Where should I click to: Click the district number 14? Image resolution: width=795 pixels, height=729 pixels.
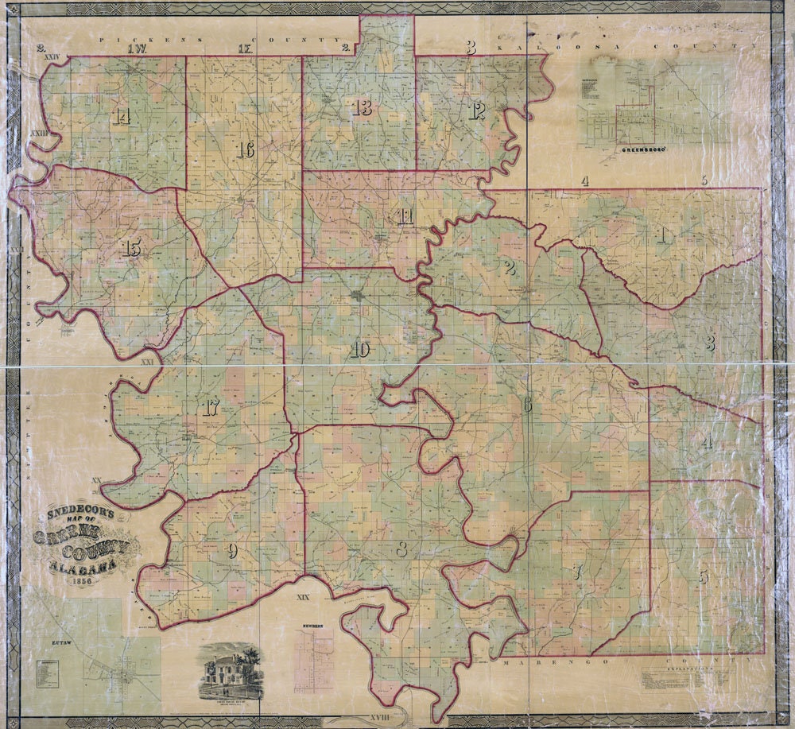point(121,118)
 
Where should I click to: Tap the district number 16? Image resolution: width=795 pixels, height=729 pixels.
point(245,149)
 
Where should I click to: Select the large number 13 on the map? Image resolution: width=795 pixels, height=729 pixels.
point(363,109)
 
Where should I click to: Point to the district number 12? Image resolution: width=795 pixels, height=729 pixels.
point(477,112)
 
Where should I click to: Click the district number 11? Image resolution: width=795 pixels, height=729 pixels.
point(405,216)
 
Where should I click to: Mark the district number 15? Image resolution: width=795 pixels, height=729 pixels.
point(133,249)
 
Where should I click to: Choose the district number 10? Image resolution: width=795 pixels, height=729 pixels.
point(360,350)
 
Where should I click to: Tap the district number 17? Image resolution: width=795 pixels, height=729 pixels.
point(211,409)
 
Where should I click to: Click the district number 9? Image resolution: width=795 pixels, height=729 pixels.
point(232,550)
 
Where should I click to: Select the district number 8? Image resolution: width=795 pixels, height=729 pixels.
point(402,549)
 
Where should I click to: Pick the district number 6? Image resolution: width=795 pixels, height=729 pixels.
point(527,405)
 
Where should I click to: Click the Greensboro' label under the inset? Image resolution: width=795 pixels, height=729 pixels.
point(643,149)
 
